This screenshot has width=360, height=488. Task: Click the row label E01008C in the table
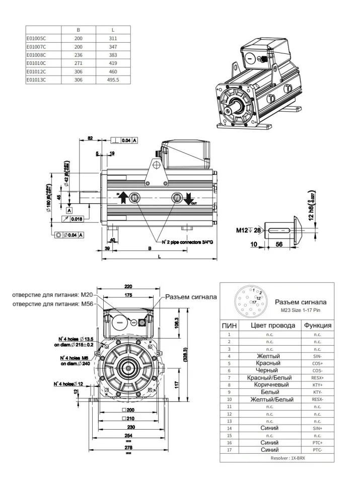click(36, 55)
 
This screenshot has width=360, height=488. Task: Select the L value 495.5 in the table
click(113, 80)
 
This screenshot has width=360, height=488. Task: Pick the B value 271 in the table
click(78, 63)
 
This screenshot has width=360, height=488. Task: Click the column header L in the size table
click(113, 30)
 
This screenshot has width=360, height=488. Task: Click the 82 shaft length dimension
click(91, 137)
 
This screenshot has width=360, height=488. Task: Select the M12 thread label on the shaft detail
click(243, 230)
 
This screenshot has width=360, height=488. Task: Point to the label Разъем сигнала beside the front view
click(192, 297)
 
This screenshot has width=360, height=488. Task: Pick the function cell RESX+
click(317, 377)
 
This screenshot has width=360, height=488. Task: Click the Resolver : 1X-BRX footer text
click(276, 458)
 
